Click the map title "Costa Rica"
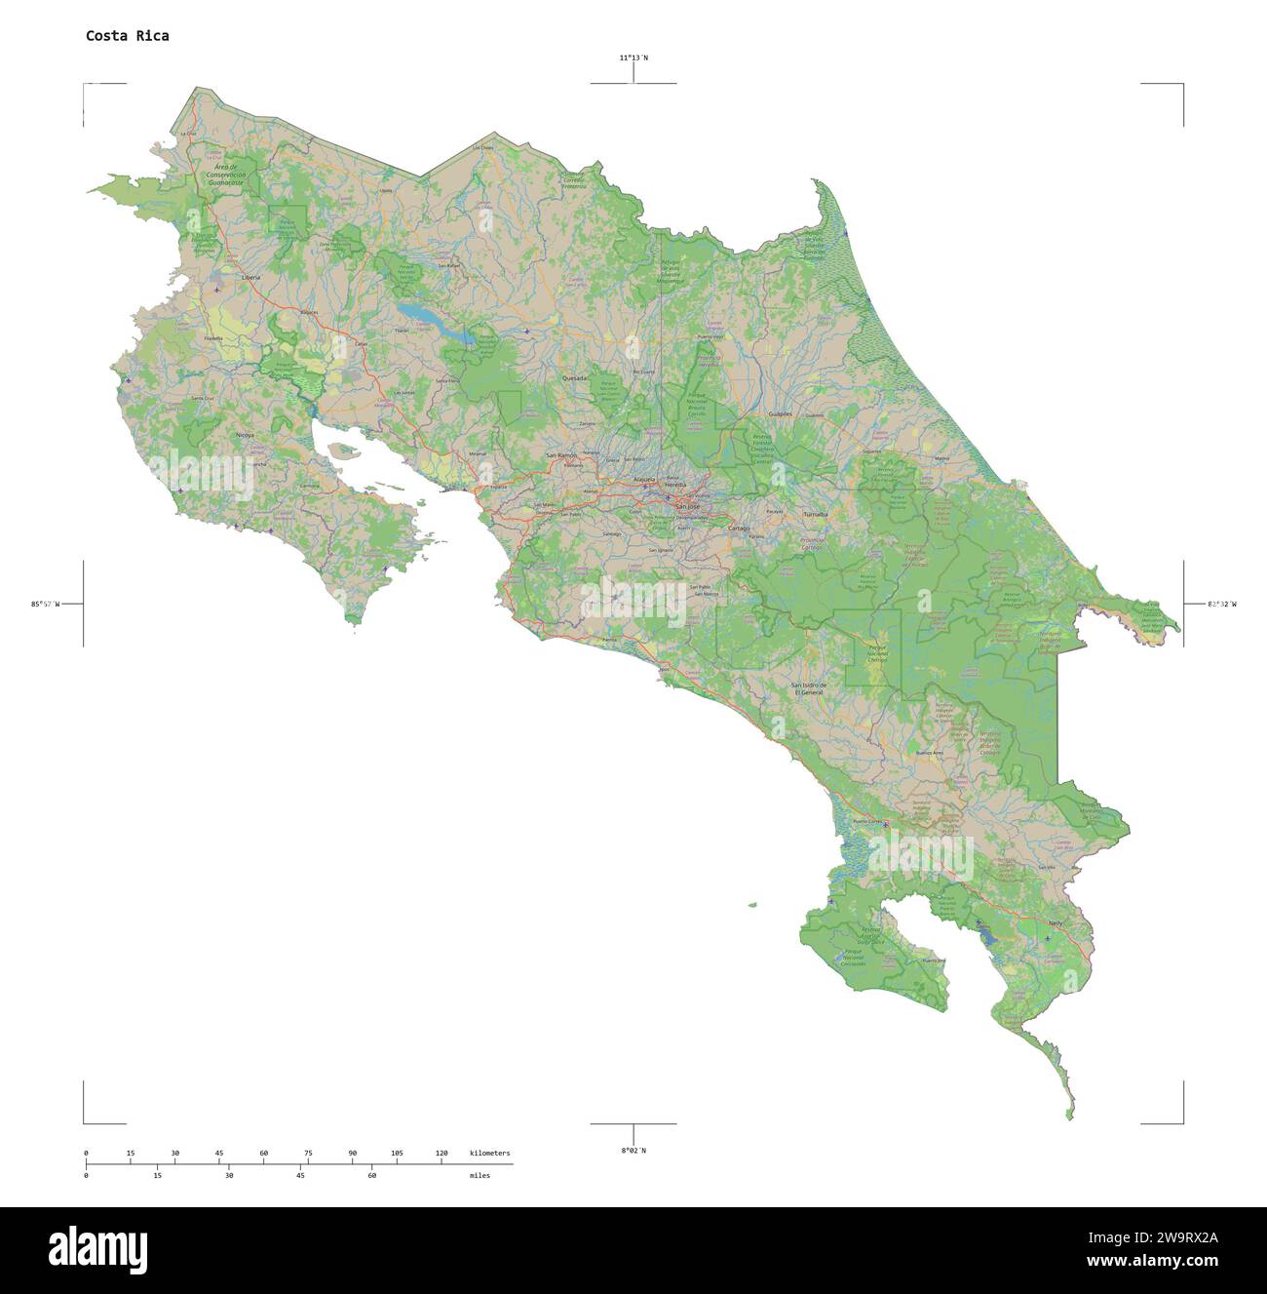click(127, 36)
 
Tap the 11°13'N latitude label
click(633, 58)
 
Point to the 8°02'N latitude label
click(633, 1151)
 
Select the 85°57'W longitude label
click(45, 605)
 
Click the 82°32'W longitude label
click(1221, 605)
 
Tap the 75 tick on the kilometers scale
click(308, 1154)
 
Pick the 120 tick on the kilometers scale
click(442, 1154)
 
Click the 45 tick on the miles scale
click(300, 1176)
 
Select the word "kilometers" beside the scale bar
click(489, 1154)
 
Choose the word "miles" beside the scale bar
click(480, 1176)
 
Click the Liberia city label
click(250, 277)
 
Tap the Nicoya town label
click(245, 435)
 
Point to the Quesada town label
click(574, 377)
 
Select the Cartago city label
click(739, 529)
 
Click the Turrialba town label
click(815, 514)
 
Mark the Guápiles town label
click(781, 413)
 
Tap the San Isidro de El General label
click(808, 688)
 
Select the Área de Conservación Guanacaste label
click(225, 175)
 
